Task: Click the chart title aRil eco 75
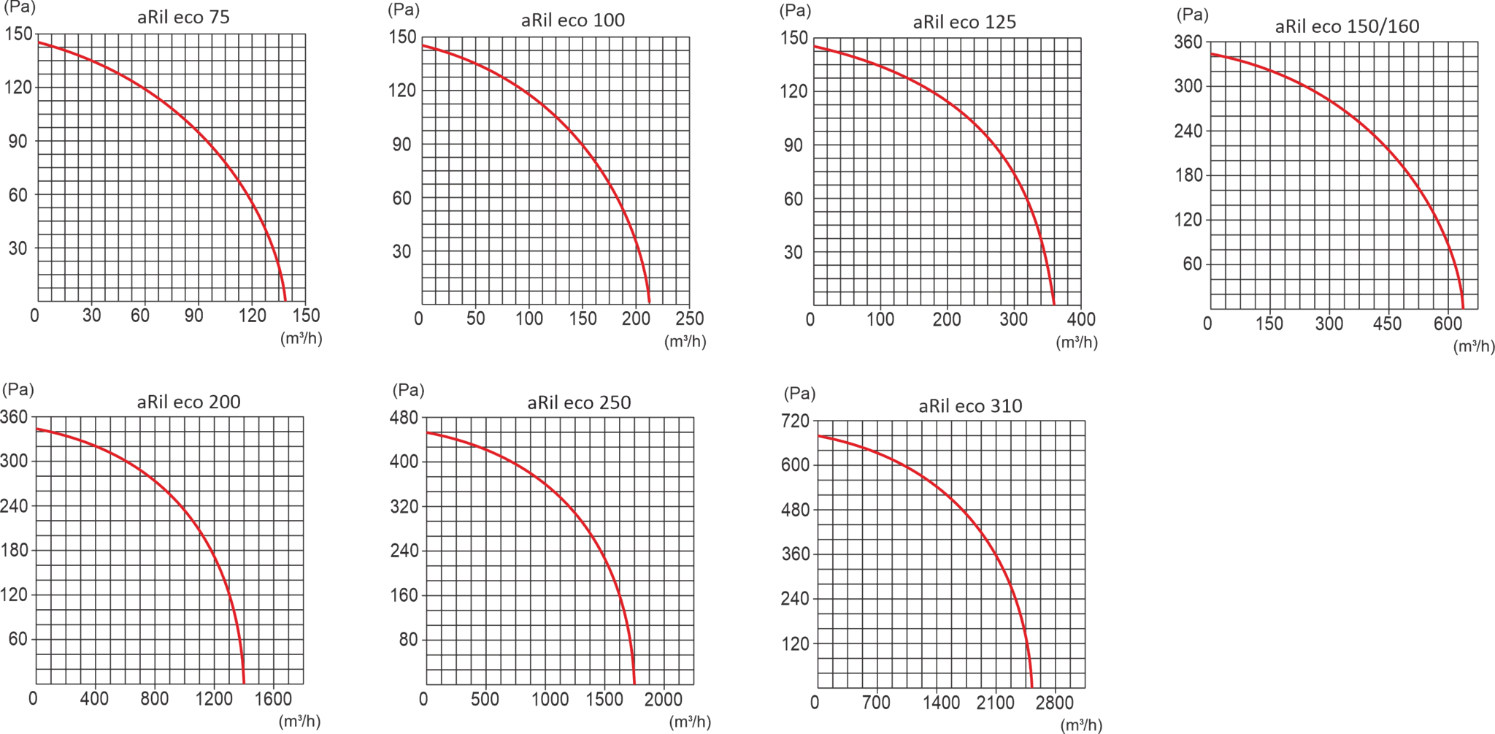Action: pos(183,17)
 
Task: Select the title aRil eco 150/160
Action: pos(1347,26)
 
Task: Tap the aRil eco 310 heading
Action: pos(970,405)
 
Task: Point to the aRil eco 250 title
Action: pos(579,402)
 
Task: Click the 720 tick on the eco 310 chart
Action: pos(795,421)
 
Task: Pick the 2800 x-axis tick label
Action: pos(1054,703)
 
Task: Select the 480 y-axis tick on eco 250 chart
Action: pos(404,417)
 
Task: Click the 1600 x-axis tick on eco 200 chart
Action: pos(273,698)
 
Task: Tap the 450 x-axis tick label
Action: pos(1387,324)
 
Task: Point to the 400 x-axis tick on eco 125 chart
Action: pos(1081,319)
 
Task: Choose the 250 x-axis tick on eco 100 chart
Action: pos(689,318)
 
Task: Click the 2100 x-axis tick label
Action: pos(996,703)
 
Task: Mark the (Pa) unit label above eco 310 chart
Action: pos(799,394)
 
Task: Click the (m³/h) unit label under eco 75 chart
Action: pos(301,338)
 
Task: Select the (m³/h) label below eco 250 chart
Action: pos(690,722)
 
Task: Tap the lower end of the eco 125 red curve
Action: pos(1053,303)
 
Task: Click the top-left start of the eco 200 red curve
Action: pos(38,429)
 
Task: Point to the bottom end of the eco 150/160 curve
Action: pos(1463,307)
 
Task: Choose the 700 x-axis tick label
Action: pos(875,703)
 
